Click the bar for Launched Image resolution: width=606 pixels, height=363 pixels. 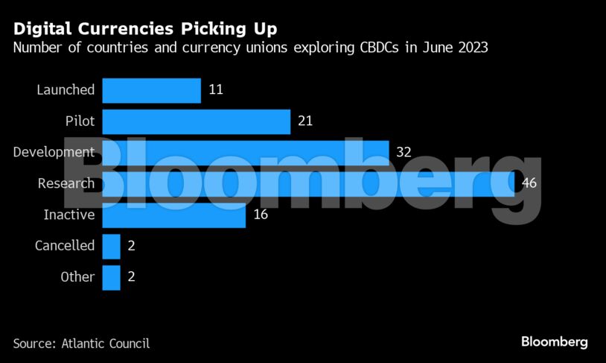[x=151, y=90]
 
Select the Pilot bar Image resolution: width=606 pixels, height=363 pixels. [x=196, y=121]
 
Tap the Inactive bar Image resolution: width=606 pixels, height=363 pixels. [x=173, y=215]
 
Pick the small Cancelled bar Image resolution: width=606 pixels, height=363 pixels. [x=111, y=246]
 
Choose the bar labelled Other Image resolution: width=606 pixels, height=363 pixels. [x=111, y=277]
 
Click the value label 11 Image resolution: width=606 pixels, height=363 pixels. [x=216, y=90]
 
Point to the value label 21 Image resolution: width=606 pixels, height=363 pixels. [x=305, y=121]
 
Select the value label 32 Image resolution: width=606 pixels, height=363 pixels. [x=404, y=153]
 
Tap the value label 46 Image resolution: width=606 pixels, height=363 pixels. [x=529, y=183]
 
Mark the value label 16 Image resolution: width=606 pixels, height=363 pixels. [x=261, y=215]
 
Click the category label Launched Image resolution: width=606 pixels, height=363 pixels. [x=66, y=90]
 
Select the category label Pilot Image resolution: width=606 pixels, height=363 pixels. [x=80, y=121]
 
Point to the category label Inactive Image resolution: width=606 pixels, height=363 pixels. [x=68, y=215]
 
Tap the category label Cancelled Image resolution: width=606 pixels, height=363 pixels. [x=65, y=246]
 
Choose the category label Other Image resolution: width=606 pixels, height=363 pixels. [x=77, y=277]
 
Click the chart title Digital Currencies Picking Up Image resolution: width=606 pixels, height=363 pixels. [x=144, y=29]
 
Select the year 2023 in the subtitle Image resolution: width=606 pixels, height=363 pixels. [x=472, y=48]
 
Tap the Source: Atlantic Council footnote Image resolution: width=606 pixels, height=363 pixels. [x=81, y=344]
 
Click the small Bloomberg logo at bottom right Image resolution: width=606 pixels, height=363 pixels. [x=554, y=342]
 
